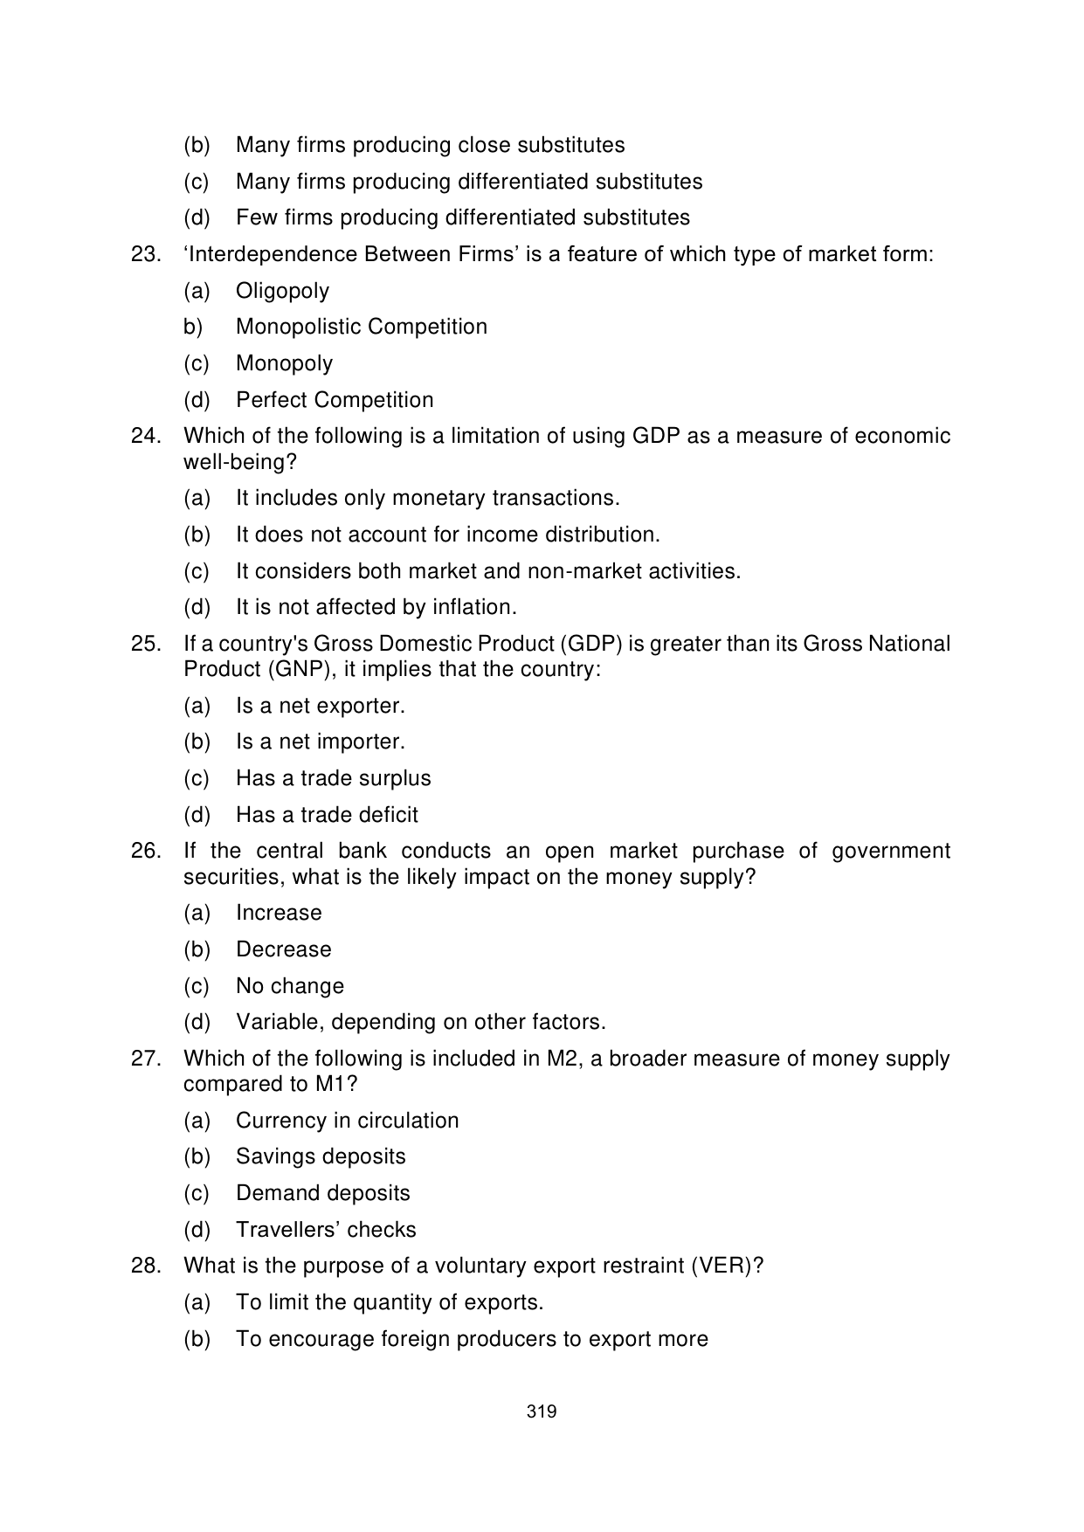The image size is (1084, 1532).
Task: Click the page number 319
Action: [542, 1411]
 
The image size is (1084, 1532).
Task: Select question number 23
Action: [146, 254]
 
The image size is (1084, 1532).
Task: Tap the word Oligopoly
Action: [282, 291]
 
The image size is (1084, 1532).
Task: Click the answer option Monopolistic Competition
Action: [362, 327]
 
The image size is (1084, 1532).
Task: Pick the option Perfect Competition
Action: [335, 400]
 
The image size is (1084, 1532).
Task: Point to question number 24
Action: [146, 436]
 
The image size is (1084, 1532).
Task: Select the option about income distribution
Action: [447, 535]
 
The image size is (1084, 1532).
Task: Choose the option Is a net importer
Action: [320, 742]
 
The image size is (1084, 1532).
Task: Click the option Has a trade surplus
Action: [333, 778]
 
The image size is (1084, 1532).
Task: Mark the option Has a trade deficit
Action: [327, 815]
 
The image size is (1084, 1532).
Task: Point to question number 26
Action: [146, 851]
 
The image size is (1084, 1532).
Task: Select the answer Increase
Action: [279, 913]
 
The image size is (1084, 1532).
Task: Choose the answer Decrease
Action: [283, 949]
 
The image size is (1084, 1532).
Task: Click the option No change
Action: [289, 986]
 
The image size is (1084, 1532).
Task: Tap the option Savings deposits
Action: [321, 1156]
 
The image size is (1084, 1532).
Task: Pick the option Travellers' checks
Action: [326, 1230]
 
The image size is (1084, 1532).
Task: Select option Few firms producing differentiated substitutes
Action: [462, 217]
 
